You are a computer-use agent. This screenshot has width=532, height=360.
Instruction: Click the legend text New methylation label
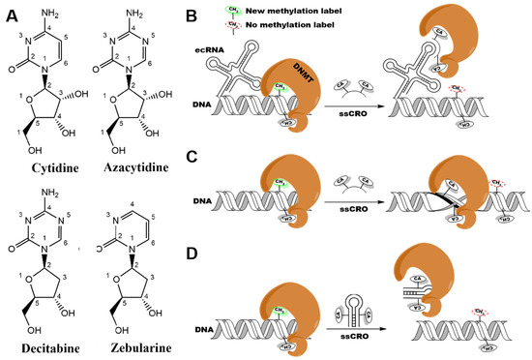point(286,10)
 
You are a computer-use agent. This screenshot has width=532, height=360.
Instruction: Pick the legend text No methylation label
point(282,23)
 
